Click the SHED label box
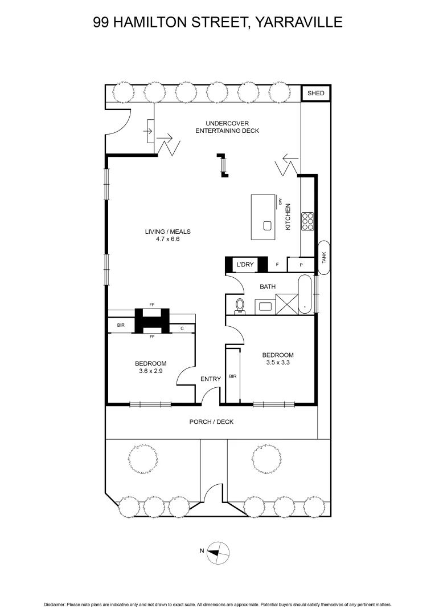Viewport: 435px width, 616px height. coord(315,93)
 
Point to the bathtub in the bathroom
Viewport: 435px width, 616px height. coord(305,295)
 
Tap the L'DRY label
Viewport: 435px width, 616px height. coord(245,264)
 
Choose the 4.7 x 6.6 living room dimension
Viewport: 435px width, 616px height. coord(167,239)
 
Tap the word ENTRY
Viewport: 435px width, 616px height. coord(210,379)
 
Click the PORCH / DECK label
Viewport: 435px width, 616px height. coord(211,422)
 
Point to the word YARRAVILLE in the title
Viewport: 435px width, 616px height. coord(298,22)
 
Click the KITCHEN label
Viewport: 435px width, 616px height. coord(288,217)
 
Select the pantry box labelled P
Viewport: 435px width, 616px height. coord(301,265)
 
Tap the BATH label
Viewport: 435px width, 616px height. coord(268,286)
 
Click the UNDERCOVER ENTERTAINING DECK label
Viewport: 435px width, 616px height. coord(227,127)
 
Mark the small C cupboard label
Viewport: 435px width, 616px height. coord(182,328)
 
